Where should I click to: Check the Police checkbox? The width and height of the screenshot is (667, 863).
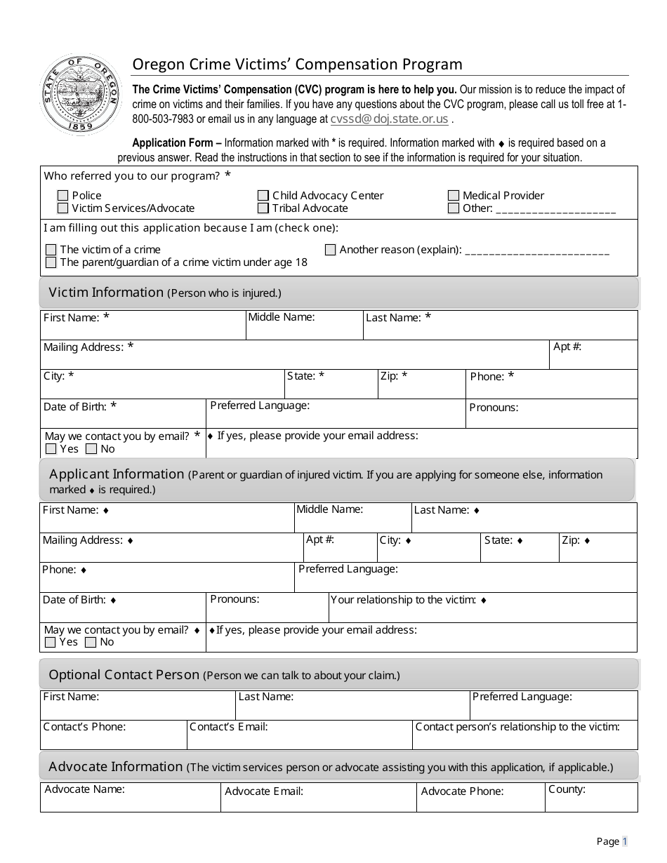63,196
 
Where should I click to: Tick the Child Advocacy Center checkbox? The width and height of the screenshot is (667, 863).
263,196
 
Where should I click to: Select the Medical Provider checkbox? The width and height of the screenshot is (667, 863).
454,196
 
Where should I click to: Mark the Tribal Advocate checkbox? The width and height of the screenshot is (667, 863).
263,208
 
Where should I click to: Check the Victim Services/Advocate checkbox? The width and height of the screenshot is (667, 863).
63,208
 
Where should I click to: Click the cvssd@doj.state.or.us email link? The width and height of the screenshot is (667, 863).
389,119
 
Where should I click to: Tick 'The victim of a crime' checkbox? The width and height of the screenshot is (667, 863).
51,250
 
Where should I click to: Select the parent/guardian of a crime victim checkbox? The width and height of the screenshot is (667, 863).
51,262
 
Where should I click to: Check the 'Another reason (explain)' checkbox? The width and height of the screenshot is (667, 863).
331,250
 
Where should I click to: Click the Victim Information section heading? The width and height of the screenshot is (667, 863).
105,293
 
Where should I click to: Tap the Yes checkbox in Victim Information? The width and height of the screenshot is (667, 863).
51,449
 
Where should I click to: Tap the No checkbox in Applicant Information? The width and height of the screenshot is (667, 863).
91,642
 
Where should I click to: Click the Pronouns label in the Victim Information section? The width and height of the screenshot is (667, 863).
494,408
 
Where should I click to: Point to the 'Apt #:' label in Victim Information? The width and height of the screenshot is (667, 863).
567,347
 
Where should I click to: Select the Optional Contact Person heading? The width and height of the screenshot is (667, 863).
124,675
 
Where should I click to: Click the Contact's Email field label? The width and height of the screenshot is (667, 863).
229,727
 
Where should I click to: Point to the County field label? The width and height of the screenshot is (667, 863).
567,789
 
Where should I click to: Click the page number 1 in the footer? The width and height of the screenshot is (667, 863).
624,841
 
